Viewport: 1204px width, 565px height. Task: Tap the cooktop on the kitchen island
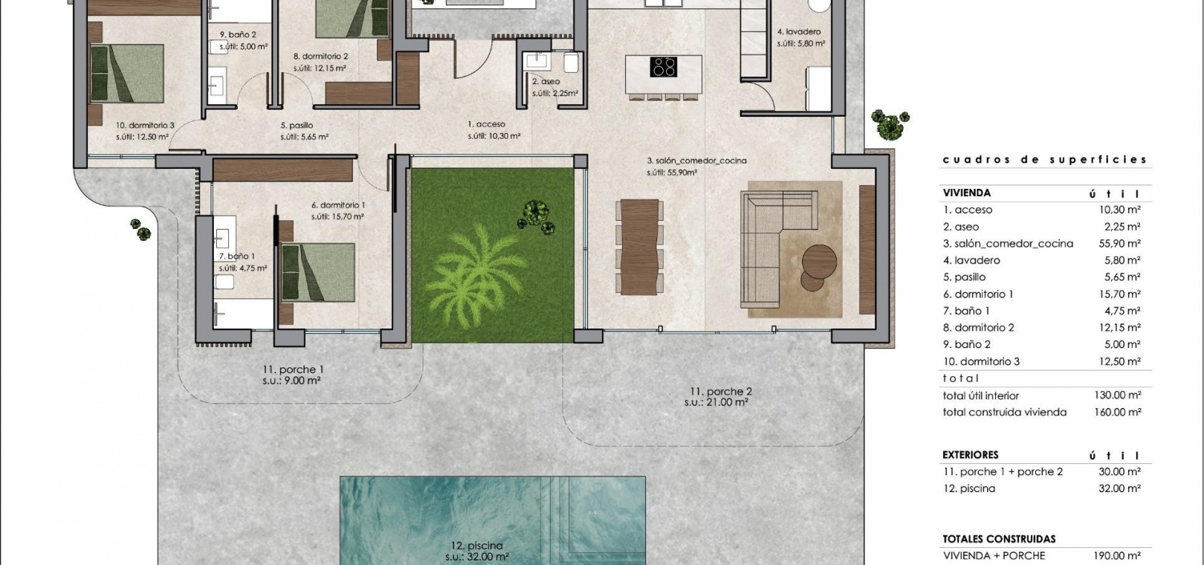point(663,67)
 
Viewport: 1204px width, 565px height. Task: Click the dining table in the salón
point(640,247)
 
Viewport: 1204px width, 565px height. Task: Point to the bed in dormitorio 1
point(317,272)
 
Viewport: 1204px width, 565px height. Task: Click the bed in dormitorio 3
point(127,73)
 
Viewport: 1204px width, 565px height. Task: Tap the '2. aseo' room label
point(546,82)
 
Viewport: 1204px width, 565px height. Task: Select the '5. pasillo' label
point(297,126)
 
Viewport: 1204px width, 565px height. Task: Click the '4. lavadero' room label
point(799,32)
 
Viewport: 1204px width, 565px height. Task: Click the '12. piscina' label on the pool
point(477,546)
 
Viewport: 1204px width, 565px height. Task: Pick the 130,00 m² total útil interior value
point(1118,395)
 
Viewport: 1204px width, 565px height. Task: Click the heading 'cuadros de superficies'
point(1045,160)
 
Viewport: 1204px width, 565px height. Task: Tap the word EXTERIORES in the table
point(970,455)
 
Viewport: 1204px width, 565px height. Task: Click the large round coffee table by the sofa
point(819,262)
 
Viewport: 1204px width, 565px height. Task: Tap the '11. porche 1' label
point(293,370)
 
